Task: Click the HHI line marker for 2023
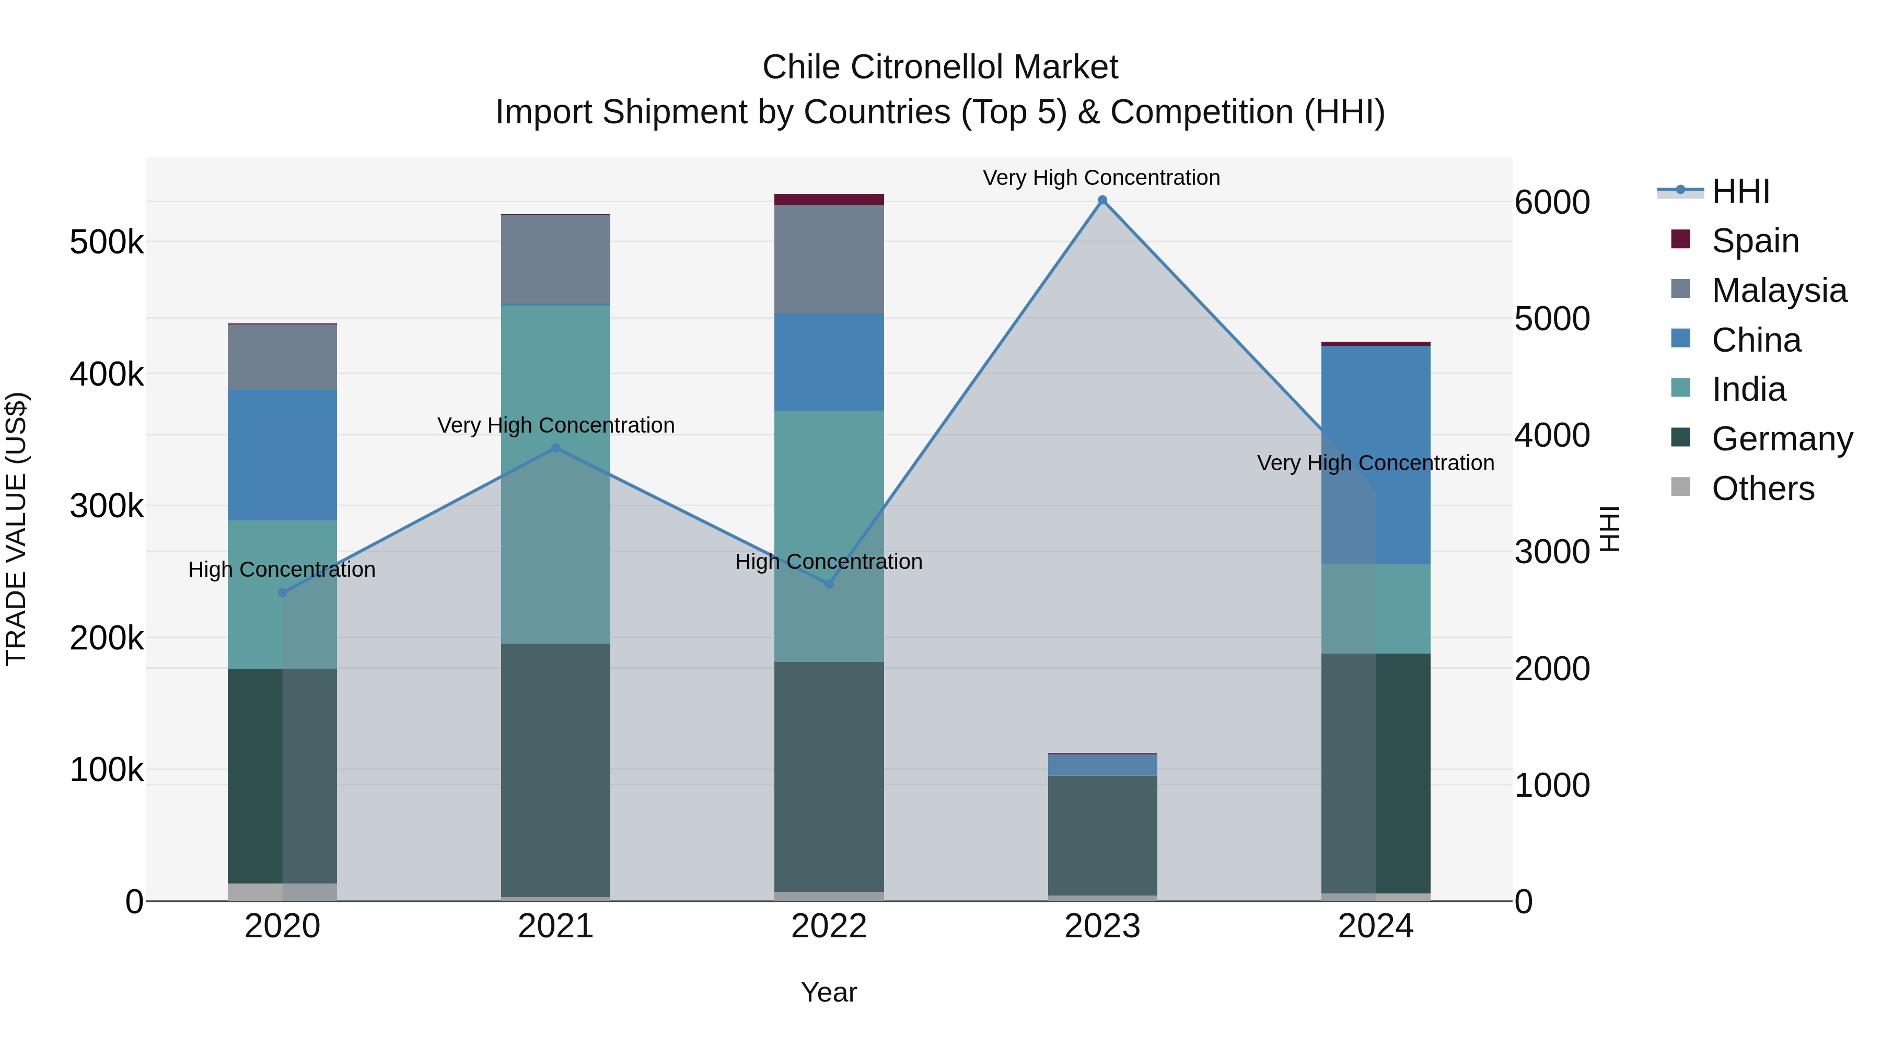point(1102,200)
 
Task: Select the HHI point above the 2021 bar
point(556,448)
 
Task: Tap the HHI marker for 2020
point(283,592)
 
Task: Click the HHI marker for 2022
point(829,584)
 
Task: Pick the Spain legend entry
point(1755,240)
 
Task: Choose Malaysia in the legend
point(1779,290)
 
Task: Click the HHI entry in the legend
point(1740,191)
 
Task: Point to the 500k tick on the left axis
point(107,242)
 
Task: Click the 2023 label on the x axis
point(1102,926)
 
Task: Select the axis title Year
point(829,992)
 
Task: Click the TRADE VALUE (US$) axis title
point(16,529)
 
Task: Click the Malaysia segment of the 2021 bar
point(556,259)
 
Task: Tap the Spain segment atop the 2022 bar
point(829,200)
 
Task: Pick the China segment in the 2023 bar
point(1102,764)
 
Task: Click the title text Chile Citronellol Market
point(940,67)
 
